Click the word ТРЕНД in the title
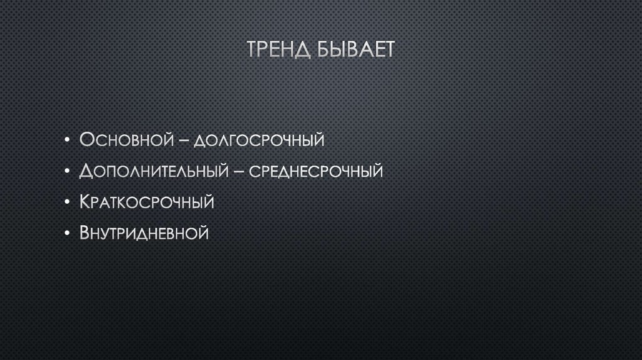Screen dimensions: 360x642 [x=278, y=50]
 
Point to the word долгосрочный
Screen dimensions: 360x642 [x=259, y=140]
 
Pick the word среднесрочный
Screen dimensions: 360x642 [x=317, y=171]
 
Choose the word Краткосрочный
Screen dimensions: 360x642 [x=147, y=202]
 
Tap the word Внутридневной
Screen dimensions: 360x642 [x=144, y=234]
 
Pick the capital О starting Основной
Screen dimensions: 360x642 [x=86, y=139]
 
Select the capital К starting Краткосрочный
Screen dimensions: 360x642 [x=85, y=202]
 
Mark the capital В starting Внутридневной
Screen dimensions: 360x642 [x=85, y=233]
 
